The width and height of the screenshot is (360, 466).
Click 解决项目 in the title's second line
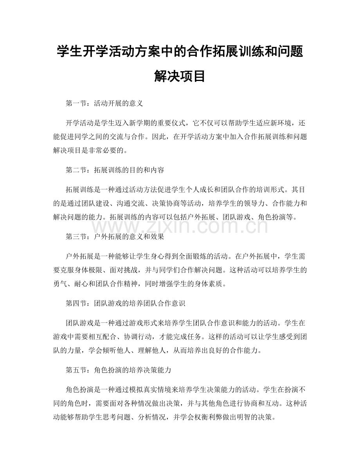[180, 76]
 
